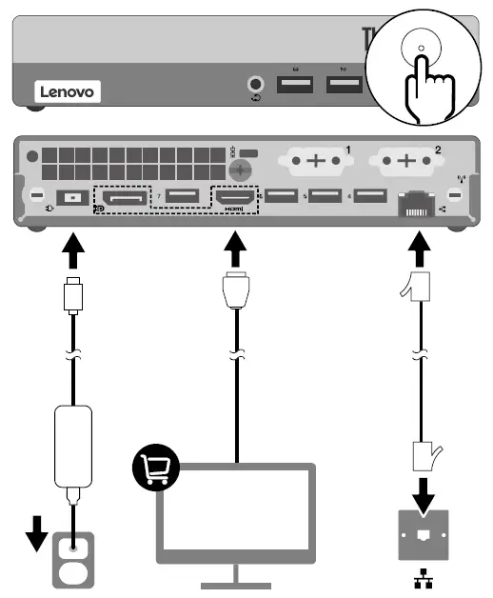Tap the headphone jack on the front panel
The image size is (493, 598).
255,85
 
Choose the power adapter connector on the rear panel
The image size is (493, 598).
72,199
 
